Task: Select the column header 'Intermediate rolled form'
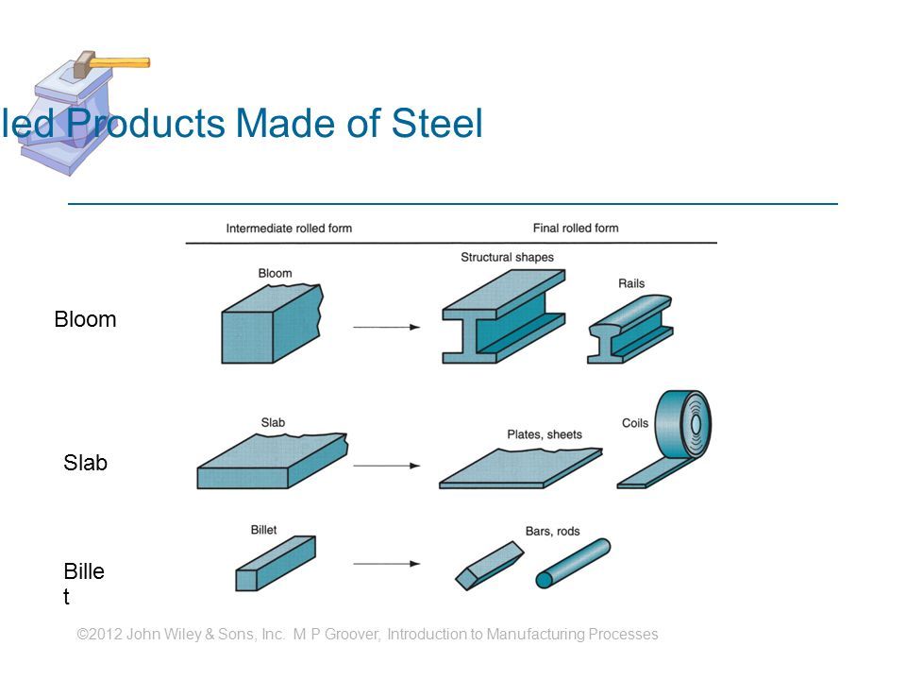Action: tap(289, 229)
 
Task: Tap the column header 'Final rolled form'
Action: tap(575, 229)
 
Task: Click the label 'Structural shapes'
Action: tap(507, 257)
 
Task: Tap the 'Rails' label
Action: tap(631, 282)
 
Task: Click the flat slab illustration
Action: tap(272, 462)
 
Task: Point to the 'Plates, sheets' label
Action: tap(545, 435)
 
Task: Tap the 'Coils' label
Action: tap(636, 423)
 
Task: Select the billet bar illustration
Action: tap(274, 563)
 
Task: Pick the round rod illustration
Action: tap(573, 563)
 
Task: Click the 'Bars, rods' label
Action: tap(551, 530)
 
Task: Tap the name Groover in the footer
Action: tap(353, 635)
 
